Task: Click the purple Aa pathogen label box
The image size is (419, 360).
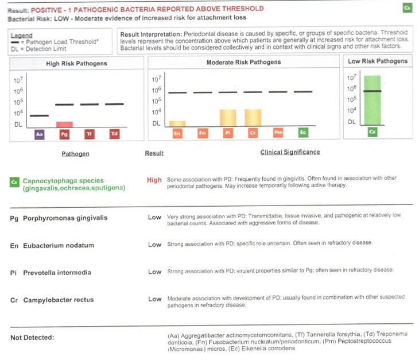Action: click(39, 134)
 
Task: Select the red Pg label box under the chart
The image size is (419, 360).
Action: click(64, 134)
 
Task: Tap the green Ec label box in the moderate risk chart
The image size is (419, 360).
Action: click(303, 133)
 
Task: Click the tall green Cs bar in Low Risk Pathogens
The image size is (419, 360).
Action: click(372, 100)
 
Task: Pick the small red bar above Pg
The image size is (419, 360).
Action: click(64, 124)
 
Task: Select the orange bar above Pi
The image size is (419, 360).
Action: click(228, 117)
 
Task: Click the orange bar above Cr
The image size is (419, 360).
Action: click(253, 117)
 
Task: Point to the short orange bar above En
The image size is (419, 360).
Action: click(177, 123)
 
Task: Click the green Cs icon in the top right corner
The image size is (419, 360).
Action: click(406, 8)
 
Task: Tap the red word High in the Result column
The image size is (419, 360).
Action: click(154, 180)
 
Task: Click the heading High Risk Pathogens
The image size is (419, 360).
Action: click(76, 63)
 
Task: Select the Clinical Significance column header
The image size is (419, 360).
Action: click(290, 152)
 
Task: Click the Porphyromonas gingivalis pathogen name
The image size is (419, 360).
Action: click(65, 218)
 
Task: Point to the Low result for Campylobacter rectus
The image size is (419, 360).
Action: click(154, 299)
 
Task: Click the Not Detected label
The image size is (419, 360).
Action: click(32, 338)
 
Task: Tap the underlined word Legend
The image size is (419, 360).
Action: click(22, 35)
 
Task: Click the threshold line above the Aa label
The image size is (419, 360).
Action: click(39, 115)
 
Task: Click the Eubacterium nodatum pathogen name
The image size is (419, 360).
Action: click(58, 245)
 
